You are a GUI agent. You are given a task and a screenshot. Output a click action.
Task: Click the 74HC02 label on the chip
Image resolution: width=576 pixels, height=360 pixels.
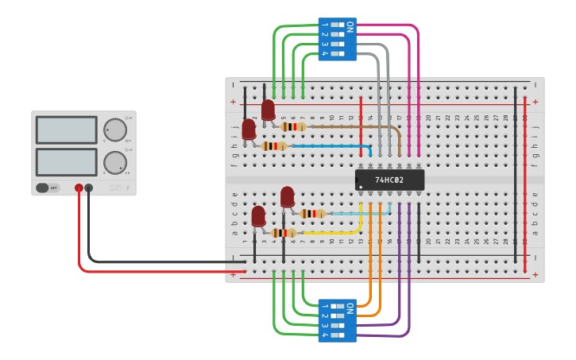pos(389,180)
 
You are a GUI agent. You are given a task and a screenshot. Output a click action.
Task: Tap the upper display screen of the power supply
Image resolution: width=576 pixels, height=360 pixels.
pos(66,130)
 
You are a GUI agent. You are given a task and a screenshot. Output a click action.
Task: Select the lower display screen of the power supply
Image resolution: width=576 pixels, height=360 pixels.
pos(66,162)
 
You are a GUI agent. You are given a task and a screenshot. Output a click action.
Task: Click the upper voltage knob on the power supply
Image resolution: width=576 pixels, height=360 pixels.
pos(115,130)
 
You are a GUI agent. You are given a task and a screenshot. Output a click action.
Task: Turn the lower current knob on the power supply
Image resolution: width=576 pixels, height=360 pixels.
pos(115,163)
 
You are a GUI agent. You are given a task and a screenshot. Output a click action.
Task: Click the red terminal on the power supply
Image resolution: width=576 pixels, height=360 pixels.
pos(79,188)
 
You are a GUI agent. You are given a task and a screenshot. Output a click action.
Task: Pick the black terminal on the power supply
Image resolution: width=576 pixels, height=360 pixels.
pos(89,188)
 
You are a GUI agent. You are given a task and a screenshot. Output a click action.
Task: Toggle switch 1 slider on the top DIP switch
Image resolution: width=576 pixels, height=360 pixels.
pos(338,25)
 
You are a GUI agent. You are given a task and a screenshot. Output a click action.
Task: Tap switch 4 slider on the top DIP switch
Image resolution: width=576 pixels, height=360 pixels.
pos(338,53)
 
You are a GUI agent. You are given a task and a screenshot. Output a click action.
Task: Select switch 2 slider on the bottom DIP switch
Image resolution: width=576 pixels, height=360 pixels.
pos(338,315)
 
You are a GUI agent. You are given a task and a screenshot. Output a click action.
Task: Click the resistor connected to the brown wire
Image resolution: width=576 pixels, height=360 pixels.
pos(293,126)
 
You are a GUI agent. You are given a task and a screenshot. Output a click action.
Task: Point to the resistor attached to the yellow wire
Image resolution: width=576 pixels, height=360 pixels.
pos(283,233)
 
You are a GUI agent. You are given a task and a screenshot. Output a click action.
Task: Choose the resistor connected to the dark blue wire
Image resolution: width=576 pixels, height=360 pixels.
pos(274,146)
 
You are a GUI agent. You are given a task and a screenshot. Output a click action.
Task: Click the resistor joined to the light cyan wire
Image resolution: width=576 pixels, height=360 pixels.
pos(313,213)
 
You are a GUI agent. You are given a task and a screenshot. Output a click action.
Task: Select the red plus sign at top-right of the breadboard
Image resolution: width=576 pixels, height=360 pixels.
pos(535,102)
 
